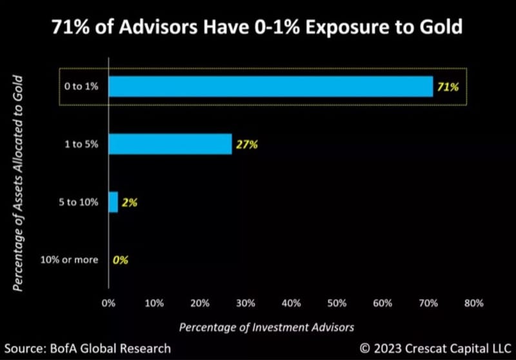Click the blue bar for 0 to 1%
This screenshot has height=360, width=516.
pyautogui.click(x=270, y=86)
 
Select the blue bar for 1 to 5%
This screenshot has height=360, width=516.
pyautogui.click(x=170, y=145)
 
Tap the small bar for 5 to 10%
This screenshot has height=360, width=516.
pyautogui.click(x=113, y=203)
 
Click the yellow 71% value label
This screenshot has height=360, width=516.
pyautogui.click(x=448, y=86)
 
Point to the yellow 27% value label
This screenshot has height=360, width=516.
pyautogui.click(x=246, y=145)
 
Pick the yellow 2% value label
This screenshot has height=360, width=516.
pyautogui.click(x=130, y=203)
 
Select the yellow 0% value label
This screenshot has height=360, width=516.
pyautogui.click(x=121, y=260)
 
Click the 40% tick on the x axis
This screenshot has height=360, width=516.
pyautogui.click(x=292, y=303)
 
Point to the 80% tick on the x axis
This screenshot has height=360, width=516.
pyautogui.click(x=473, y=303)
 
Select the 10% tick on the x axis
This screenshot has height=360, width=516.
pyautogui.click(x=154, y=303)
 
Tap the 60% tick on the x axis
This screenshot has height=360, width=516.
pyautogui.click(x=382, y=303)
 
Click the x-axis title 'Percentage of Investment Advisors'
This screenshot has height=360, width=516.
pyautogui.click(x=266, y=327)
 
